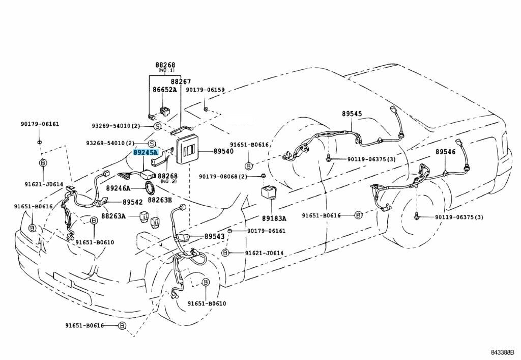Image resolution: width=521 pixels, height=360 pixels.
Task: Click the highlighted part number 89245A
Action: click(x=146, y=152)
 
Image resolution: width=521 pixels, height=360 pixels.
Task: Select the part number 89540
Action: click(x=223, y=152)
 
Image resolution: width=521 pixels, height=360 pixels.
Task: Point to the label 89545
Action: click(x=352, y=114)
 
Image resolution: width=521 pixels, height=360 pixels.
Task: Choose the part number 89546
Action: click(x=445, y=152)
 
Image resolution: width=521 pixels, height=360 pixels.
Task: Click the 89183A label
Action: click(x=274, y=218)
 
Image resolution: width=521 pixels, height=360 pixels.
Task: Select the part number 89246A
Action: click(x=119, y=188)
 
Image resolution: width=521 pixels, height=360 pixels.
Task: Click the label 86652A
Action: click(x=165, y=90)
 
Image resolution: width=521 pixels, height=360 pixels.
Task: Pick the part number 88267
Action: click(x=181, y=81)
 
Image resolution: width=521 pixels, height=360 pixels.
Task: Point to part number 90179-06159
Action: click(x=205, y=90)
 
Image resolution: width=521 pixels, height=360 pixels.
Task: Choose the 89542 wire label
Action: click(x=132, y=202)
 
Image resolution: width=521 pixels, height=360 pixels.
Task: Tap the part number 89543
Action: click(x=215, y=237)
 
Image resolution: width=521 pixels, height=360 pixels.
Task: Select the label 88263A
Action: click(x=113, y=216)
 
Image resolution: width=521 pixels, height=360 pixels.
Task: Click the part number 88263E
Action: click(x=160, y=201)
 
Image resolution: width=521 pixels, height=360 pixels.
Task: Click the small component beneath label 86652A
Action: click(x=165, y=110)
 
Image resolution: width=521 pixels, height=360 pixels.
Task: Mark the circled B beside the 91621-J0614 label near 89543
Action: click(x=225, y=253)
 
